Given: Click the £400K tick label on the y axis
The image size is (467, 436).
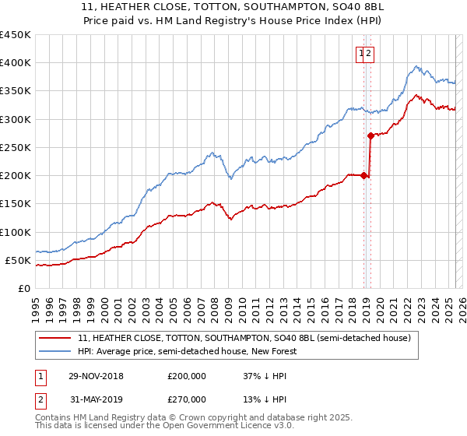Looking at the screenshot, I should coord(16,63).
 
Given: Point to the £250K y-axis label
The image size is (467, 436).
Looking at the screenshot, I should coord(16,147).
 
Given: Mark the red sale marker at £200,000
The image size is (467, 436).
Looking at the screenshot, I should coord(364,176).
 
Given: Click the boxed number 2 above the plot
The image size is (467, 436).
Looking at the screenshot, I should coord(370,53).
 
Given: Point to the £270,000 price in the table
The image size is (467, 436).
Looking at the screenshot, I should coord(187,399).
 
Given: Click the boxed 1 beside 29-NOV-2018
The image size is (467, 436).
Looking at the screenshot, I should coord(40,376).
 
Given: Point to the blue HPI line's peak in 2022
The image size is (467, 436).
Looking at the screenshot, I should coord(417,67).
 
